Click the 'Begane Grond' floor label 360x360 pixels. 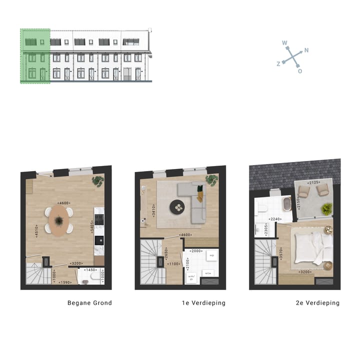(89, 303)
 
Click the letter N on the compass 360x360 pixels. (306, 50)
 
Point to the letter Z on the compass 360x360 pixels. (278, 64)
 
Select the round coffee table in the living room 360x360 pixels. (177, 206)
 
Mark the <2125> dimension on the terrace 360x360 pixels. (314, 182)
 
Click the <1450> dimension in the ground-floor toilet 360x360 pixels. (90, 270)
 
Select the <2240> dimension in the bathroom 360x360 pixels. (274, 219)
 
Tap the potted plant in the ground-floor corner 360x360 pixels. (97, 181)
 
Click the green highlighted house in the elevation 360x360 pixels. (35, 56)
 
